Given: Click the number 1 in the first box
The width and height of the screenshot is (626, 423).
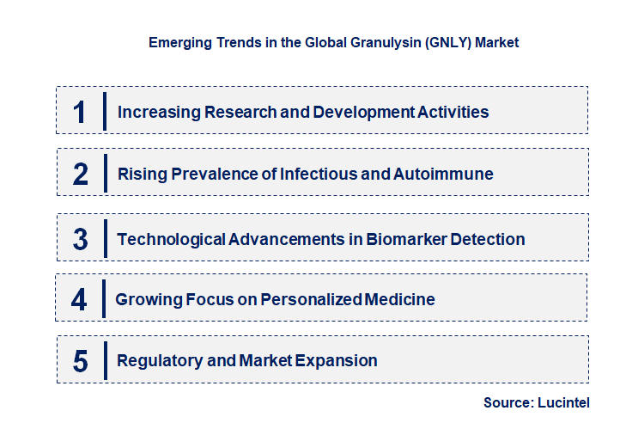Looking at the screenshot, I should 80,111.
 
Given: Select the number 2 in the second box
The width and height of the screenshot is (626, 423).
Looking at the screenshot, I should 81,174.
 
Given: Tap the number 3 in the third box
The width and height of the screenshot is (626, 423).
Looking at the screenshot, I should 81,239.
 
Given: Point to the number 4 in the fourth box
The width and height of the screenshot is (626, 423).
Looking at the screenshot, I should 79,299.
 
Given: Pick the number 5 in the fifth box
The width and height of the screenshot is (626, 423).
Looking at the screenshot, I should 81,360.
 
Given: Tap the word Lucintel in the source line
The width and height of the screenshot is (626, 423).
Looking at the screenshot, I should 562,402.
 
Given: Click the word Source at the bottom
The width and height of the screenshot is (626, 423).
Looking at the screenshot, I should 507,402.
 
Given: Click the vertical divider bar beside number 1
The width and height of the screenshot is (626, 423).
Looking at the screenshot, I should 104,111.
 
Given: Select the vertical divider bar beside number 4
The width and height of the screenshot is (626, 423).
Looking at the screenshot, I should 103,299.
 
